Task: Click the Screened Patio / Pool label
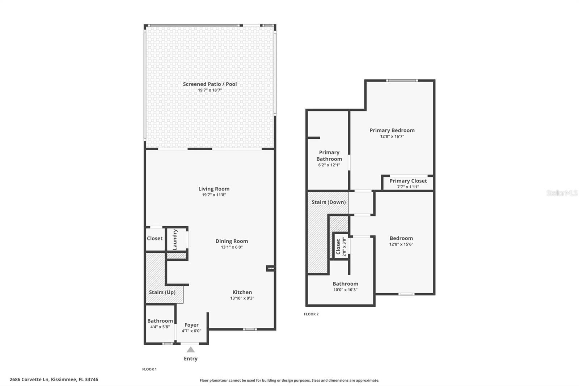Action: click(210, 84)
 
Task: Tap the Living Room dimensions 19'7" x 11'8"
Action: click(214, 195)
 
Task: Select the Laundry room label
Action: click(175, 239)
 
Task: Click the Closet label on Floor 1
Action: click(155, 238)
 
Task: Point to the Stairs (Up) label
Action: click(162, 292)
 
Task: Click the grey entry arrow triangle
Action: click(191, 349)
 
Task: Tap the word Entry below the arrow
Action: click(191, 358)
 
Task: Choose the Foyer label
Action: click(191, 325)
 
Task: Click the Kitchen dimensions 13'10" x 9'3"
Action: click(242, 298)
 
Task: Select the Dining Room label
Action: click(232, 241)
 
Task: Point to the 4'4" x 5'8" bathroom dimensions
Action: click(160, 327)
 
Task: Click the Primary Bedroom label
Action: click(392, 130)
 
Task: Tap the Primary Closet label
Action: click(408, 181)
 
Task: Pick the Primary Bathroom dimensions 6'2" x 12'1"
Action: click(329, 165)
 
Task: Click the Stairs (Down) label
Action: click(329, 202)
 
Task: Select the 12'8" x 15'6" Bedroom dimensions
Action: click(401, 244)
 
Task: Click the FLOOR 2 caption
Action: click(311, 314)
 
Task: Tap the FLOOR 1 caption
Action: click(149, 369)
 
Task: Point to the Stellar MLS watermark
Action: click(562, 193)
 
